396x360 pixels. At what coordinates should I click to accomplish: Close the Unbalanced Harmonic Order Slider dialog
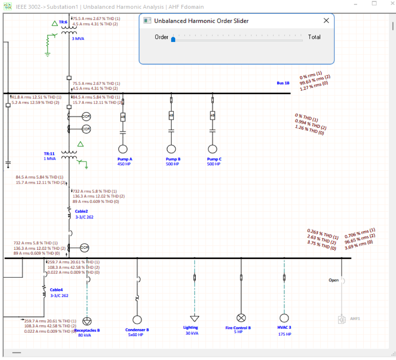tap(326, 21)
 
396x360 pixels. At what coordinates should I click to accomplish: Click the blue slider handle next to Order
tap(173, 39)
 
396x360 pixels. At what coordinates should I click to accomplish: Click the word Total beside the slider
tap(314, 37)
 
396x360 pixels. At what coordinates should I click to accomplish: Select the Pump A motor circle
tap(122, 149)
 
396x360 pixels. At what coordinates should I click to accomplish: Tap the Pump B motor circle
tap(171, 149)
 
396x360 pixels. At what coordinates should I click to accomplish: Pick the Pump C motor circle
tap(212, 149)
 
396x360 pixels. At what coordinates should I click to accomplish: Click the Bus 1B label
tap(283, 83)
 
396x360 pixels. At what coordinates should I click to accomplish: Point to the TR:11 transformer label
tap(50, 154)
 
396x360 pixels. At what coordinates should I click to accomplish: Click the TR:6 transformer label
tap(63, 22)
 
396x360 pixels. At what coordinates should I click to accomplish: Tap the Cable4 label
tap(56, 290)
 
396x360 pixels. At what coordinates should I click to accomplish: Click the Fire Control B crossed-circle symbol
tap(241, 318)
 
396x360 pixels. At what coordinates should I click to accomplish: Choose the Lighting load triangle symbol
tap(194, 318)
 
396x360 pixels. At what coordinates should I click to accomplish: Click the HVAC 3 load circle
tap(284, 318)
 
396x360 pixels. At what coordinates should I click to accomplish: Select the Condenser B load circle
tap(137, 320)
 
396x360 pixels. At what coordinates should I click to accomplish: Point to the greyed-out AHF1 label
tap(355, 318)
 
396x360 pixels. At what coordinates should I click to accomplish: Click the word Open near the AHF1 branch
tap(334, 280)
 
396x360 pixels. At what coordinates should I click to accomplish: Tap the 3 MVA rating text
tap(78, 39)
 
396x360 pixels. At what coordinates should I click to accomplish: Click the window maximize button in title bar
tap(374, 3)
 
